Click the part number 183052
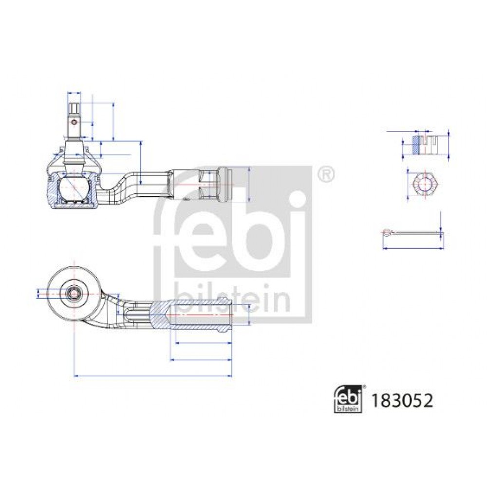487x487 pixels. click(402, 401)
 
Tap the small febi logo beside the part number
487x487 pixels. click(348, 399)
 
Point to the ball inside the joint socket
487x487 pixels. click(74, 188)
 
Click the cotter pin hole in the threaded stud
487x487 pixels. click(74, 122)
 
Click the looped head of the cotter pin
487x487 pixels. click(387, 233)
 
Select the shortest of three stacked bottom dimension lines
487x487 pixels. click(204, 343)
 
